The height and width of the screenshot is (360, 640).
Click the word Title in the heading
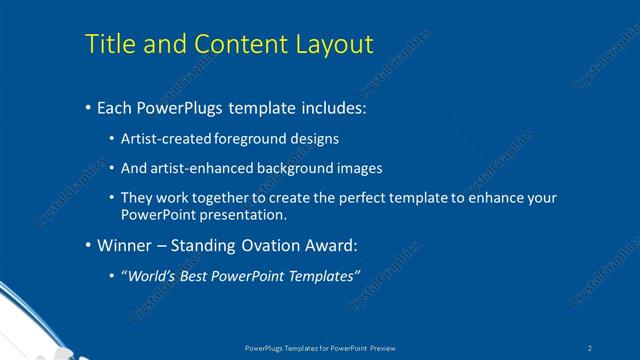[x=109, y=45]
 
